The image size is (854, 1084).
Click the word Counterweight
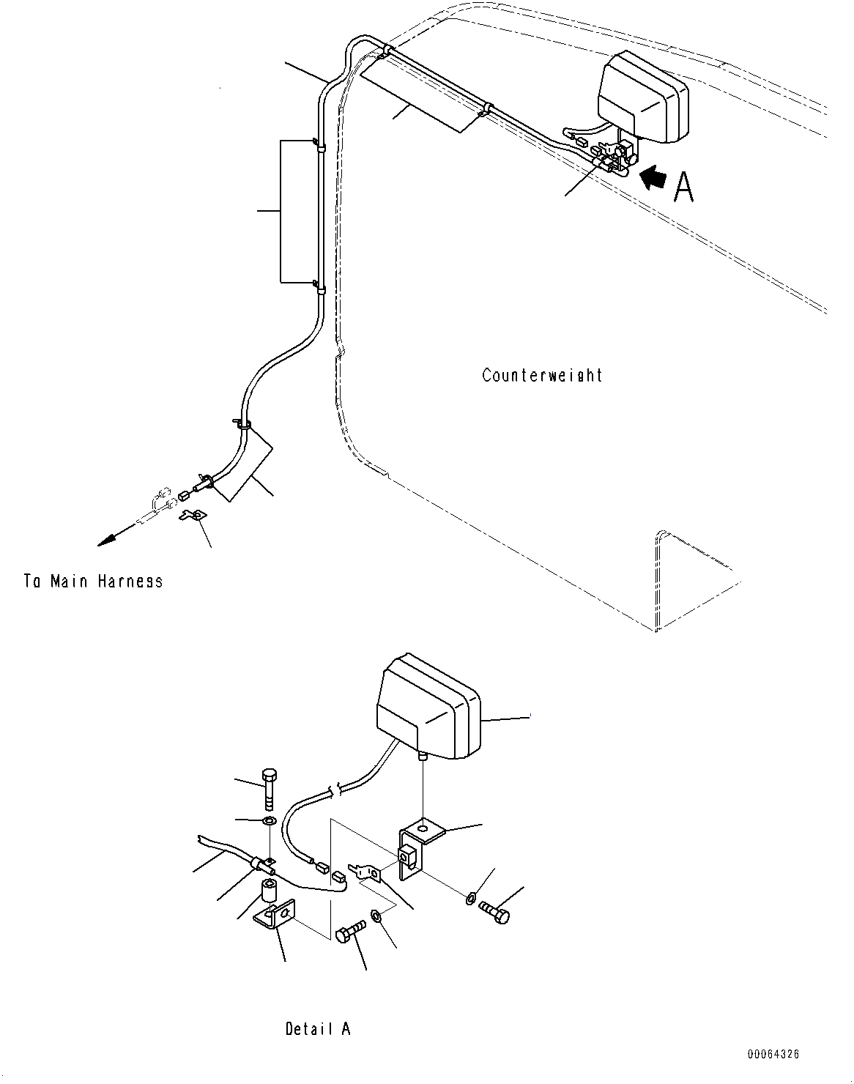click(542, 375)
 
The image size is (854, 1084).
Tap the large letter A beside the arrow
click(683, 188)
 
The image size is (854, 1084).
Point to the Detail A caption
click(318, 1028)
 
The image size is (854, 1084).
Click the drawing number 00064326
click(773, 1054)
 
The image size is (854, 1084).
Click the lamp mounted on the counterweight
click(643, 96)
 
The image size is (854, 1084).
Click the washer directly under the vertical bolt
click(269, 819)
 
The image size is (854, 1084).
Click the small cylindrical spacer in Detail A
click(268, 894)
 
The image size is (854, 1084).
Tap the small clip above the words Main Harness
click(193, 515)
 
